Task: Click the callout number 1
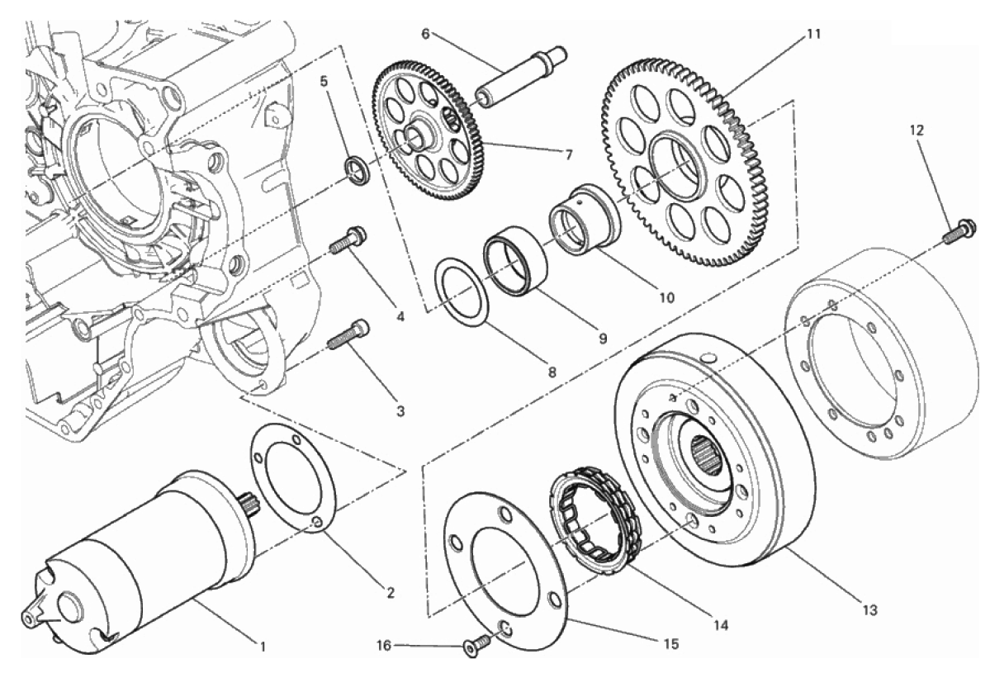point(263,646)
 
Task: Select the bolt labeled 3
point(348,334)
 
